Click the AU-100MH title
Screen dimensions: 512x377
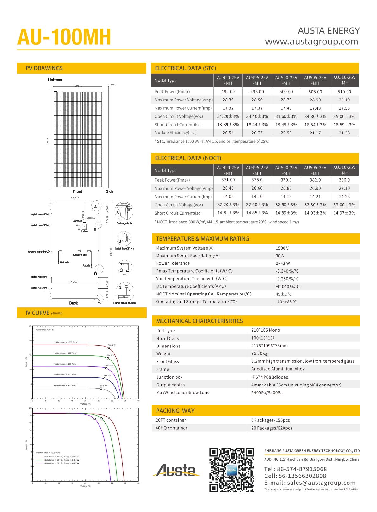pos(64,37)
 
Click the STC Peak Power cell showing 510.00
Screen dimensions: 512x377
pos(344,92)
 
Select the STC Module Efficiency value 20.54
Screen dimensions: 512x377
pos(228,133)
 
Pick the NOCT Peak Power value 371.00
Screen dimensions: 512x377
pos(228,180)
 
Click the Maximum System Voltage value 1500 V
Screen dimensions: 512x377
pos(282,248)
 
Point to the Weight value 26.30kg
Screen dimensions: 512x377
pos(259,353)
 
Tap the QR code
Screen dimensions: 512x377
pos(232,470)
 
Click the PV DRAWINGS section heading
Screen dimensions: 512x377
pos(44,68)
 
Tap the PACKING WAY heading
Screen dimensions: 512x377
pos(175,411)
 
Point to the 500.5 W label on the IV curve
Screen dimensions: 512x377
pos(112,345)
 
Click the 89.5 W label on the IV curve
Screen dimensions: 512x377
pos(104,386)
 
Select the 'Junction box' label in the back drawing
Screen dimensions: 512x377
pos(80,255)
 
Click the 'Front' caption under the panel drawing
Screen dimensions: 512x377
pos(78,191)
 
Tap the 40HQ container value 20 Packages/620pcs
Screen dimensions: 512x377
pos(272,428)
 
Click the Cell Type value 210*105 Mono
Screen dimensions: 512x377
pos(265,330)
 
